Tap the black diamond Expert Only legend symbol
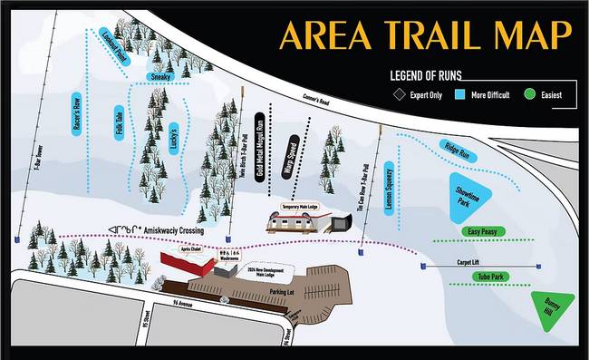(x=399, y=93)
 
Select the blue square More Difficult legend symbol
(x=459, y=93)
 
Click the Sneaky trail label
(x=160, y=79)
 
